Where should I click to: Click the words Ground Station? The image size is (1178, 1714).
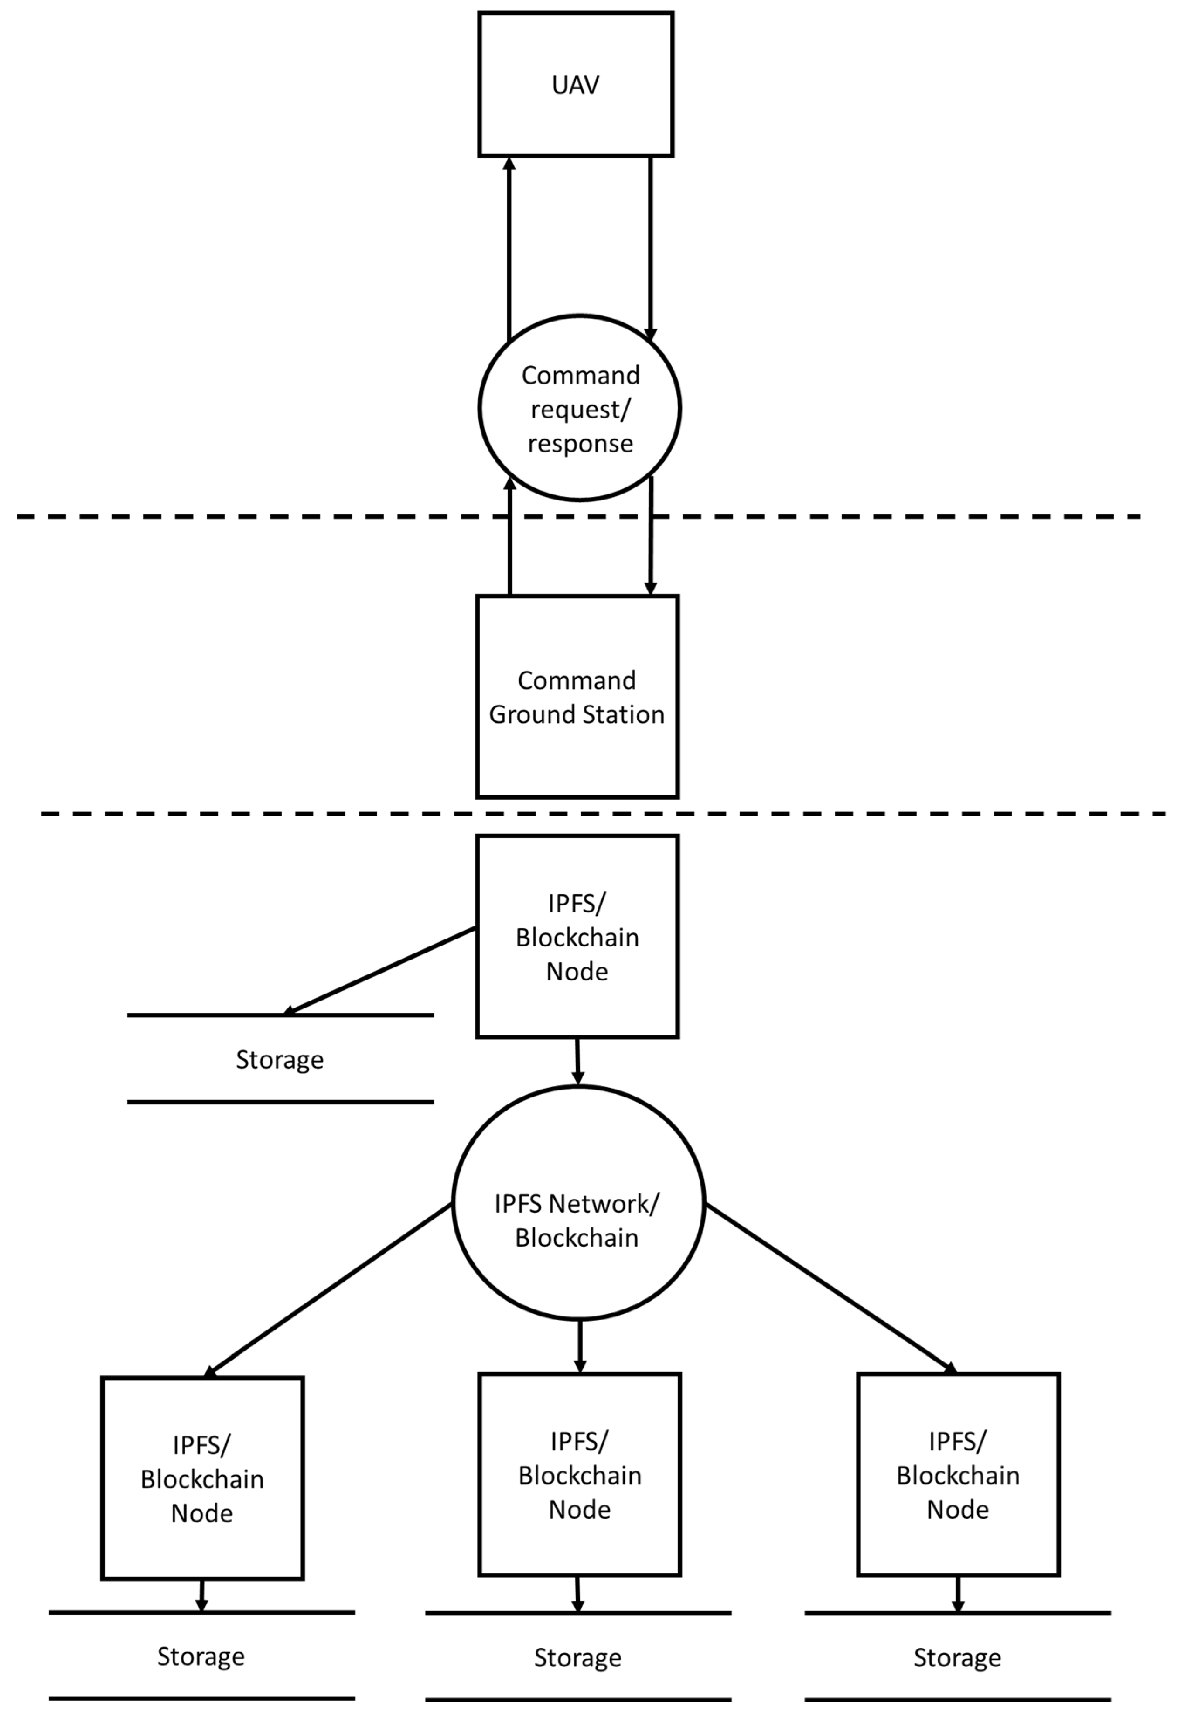577,714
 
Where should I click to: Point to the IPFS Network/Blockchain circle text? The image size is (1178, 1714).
577,1220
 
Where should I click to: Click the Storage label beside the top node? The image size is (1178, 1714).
279,1060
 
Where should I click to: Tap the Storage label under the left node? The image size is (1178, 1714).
201,1656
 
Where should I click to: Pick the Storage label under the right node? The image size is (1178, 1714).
957,1658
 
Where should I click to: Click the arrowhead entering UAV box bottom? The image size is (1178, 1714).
509,164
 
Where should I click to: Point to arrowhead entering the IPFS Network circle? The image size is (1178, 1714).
578,1079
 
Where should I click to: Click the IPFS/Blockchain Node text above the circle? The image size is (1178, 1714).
577,937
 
